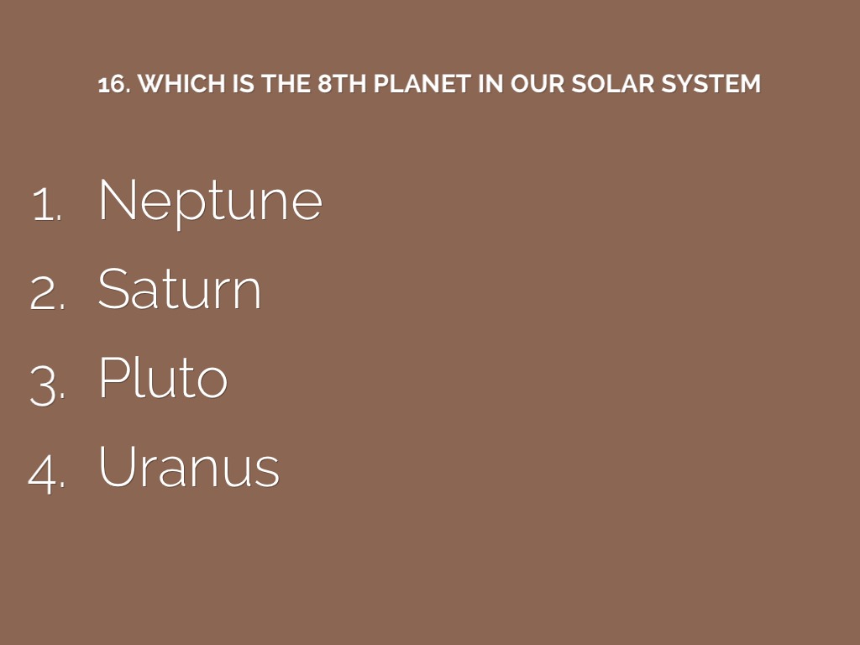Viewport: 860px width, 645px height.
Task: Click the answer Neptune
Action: click(x=210, y=202)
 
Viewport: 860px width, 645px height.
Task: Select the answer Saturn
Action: click(x=180, y=289)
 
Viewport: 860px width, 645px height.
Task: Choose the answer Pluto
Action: click(x=163, y=377)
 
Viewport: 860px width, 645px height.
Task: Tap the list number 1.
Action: click(x=47, y=204)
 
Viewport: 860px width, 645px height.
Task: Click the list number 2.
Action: click(x=47, y=292)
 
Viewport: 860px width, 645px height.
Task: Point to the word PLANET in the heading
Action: click(x=422, y=83)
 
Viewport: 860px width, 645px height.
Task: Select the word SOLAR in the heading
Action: click(x=613, y=83)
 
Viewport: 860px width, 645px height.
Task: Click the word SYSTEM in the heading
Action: click(x=711, y=83)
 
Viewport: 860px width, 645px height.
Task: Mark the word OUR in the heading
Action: click(x=537, y=83)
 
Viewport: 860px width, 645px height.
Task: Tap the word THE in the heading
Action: click(x=286, y=83)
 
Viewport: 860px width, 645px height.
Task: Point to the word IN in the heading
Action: click(x=490, y=83)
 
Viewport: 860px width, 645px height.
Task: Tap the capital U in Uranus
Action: click(x=117, y=465)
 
